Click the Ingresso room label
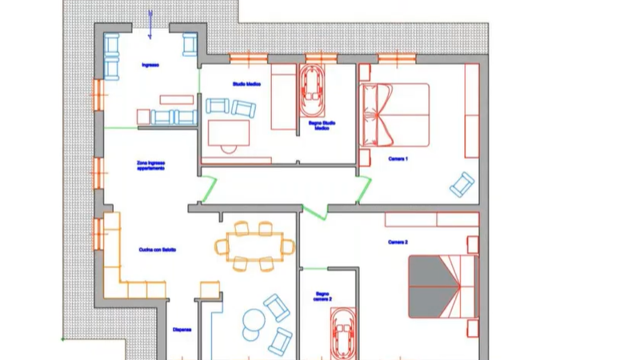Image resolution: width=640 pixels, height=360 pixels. [x=150, y=65]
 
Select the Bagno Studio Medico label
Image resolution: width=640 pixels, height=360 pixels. [x=322, y=126]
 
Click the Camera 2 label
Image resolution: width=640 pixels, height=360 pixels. [x=398, y=241]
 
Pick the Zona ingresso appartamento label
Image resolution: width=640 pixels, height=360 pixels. [x=150, y=166]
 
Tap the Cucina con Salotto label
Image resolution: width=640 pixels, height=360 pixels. [x=157, y=250]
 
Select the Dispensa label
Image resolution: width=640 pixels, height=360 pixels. [x=182, y=329]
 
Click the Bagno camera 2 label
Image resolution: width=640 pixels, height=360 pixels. [x=322, y=296]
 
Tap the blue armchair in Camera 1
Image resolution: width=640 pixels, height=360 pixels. [x=462, y=185]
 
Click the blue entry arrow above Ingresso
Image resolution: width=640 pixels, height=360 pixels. [x=151, y=17]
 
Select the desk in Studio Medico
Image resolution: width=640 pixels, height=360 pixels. [x=229, y=133]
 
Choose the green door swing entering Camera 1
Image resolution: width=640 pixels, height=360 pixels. [x=365, y=189]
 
